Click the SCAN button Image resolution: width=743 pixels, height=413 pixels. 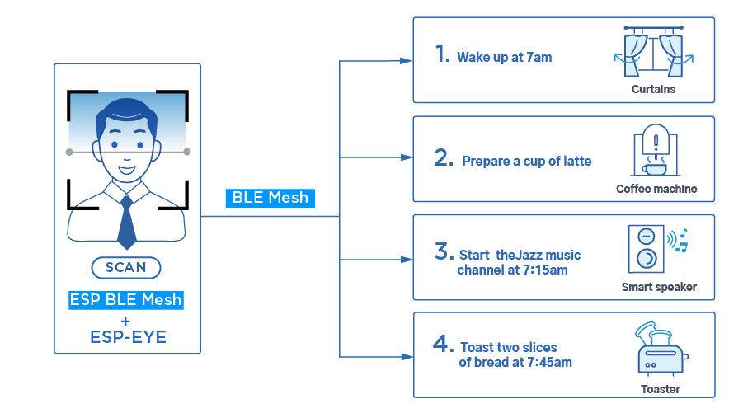point(126,268)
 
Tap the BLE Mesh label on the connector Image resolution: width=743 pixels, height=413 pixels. point(270,198)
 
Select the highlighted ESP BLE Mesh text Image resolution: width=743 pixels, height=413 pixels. point(126,300)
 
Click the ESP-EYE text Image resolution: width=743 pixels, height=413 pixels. point(128,337)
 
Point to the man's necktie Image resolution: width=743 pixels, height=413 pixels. point(126,222)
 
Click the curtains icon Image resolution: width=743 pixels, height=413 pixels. point(653,52)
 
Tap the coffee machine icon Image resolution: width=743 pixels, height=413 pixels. point(656,150)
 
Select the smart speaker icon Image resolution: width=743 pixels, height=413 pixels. point(646,249)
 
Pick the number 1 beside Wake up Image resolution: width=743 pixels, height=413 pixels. point(442,54)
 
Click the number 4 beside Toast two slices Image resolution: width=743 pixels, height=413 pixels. point(443,344)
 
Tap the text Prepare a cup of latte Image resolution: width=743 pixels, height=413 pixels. point(526,162)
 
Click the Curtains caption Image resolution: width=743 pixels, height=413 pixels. point(653,89)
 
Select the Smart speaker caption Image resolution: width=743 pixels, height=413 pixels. point(659,287)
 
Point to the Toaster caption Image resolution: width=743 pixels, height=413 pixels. point(661,389)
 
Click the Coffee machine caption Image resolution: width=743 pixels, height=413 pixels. point(656,189)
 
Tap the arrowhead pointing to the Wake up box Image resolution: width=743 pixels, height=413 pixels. point(407,61)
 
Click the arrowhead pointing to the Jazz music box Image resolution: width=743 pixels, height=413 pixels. point(407,260)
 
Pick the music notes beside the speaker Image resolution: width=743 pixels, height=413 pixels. point(681,240)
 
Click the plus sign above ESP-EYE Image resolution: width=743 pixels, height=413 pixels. point(125,321)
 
